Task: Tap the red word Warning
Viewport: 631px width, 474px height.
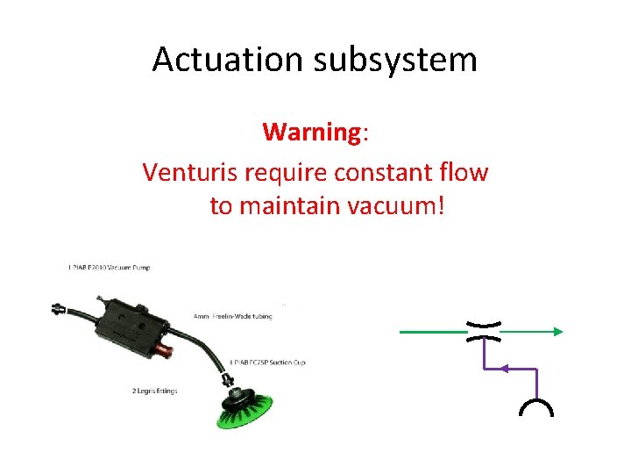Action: click(x=311, y=133)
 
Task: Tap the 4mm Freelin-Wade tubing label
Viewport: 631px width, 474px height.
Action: click(x=233, y=316)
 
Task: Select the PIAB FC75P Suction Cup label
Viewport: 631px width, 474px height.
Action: click(x=267, y=362)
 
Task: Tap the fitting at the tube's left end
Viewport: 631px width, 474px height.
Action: click(x=60, y=308)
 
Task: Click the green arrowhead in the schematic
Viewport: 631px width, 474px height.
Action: click(x=557, y=332)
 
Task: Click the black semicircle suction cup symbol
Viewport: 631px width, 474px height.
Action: click(x=536, y=408)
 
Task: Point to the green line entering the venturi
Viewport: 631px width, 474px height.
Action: click(x=434, y=332)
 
